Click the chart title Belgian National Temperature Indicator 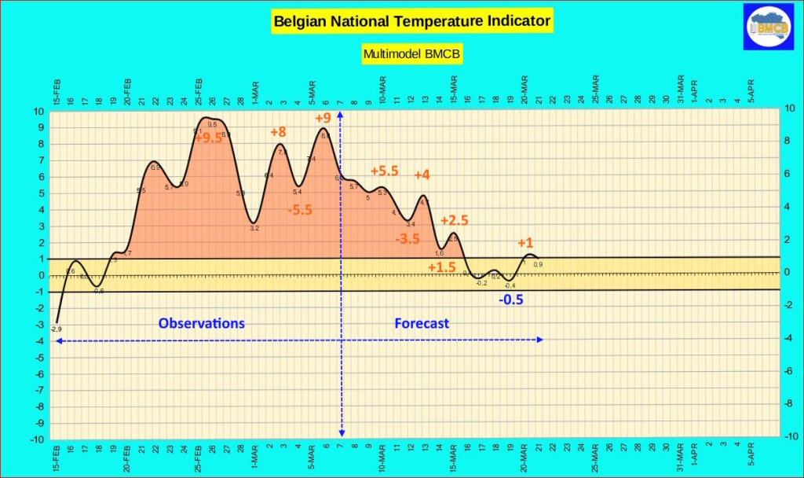(411, 20)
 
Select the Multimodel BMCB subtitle (411, 54)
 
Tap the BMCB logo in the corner (769, 28)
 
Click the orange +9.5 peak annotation (209, 138)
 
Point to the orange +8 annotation (279, 132)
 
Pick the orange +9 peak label (323, 119)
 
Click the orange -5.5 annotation (301, 211)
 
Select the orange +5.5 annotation (385, 171)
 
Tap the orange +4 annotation (422, 175)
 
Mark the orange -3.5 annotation (407, 239)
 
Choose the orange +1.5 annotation (441, 267)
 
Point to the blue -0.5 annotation (510, 300)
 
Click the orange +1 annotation (525, 243)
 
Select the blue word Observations (202, 323)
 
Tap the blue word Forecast (422, 323)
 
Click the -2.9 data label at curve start (57, 329)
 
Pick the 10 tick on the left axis (38, 111)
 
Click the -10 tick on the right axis (791, 437)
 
